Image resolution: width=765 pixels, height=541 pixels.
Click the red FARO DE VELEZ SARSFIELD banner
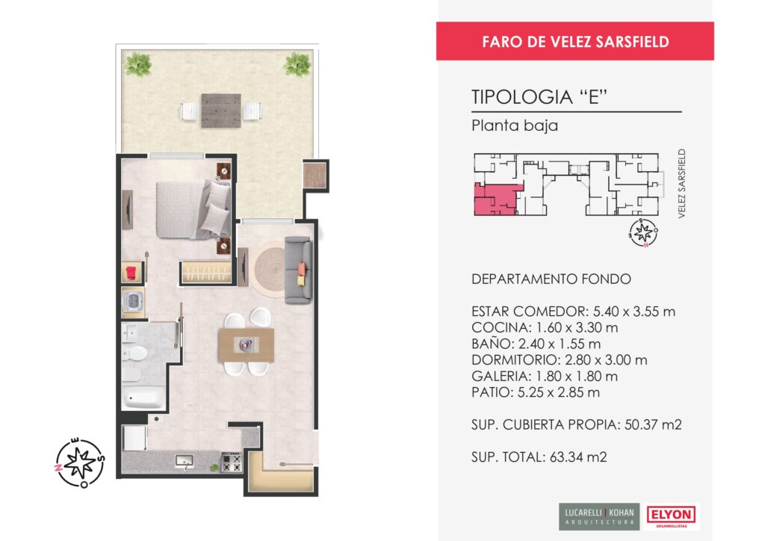[x=574, y=41]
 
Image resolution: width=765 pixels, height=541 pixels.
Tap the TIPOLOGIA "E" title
[x=539, y=97]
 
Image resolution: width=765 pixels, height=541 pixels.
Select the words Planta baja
[x=515, y=126]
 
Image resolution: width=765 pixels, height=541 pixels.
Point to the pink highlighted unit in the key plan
[x=493, y=200]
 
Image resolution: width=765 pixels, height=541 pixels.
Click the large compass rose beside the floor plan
[x=79, y=462]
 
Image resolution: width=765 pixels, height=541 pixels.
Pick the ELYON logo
[x=672, y=516]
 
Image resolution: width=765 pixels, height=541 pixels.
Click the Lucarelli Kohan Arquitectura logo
[x=599, y=516]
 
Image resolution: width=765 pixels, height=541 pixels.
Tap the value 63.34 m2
[x=578, y=457]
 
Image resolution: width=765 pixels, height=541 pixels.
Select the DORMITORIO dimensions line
[x=559, y=360]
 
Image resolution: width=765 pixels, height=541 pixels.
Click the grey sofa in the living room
[x=298, y=270]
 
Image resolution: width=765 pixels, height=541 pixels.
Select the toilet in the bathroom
[x=134, y=353]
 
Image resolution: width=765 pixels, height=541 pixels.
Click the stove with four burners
[x=232, y=462]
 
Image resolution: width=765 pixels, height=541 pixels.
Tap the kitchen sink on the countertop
[x=185, y=461]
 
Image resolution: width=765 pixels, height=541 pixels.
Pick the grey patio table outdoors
[x=221, y=111]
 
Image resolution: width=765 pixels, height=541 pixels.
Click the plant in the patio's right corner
[x=297, y=64]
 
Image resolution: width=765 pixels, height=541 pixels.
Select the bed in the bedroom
[x=193, y=210]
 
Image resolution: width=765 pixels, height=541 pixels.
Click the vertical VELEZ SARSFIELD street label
[x=681, y=183]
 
